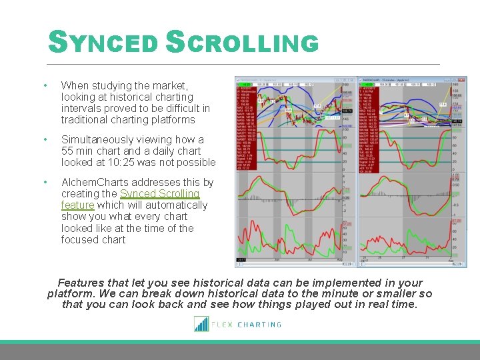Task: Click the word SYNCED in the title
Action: click(103, 43)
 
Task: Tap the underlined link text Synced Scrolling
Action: click(159, 194)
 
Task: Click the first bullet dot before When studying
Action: click(44, 86)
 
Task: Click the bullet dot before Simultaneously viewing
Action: click(44, 140)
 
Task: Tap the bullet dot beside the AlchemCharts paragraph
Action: click(44, 183)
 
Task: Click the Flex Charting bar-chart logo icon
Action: click(201, 324)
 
